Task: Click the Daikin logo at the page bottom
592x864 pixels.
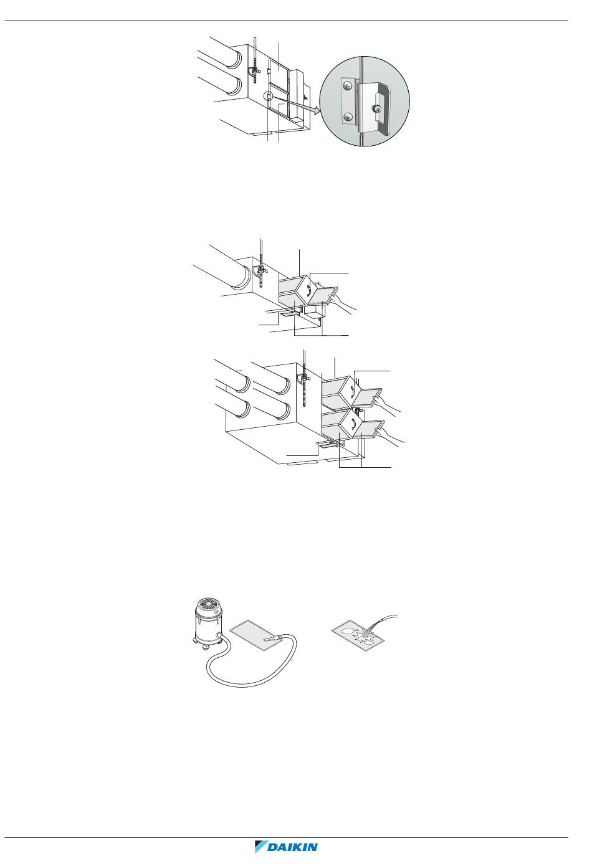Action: tap(286, 847)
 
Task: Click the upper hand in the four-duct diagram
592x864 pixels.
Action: tap(387, 402)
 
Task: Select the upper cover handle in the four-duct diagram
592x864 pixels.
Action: tap(352, 392)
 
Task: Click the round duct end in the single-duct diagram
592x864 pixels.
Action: tap(242, 278)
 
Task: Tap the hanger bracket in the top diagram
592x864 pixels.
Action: tap(254, 72)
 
